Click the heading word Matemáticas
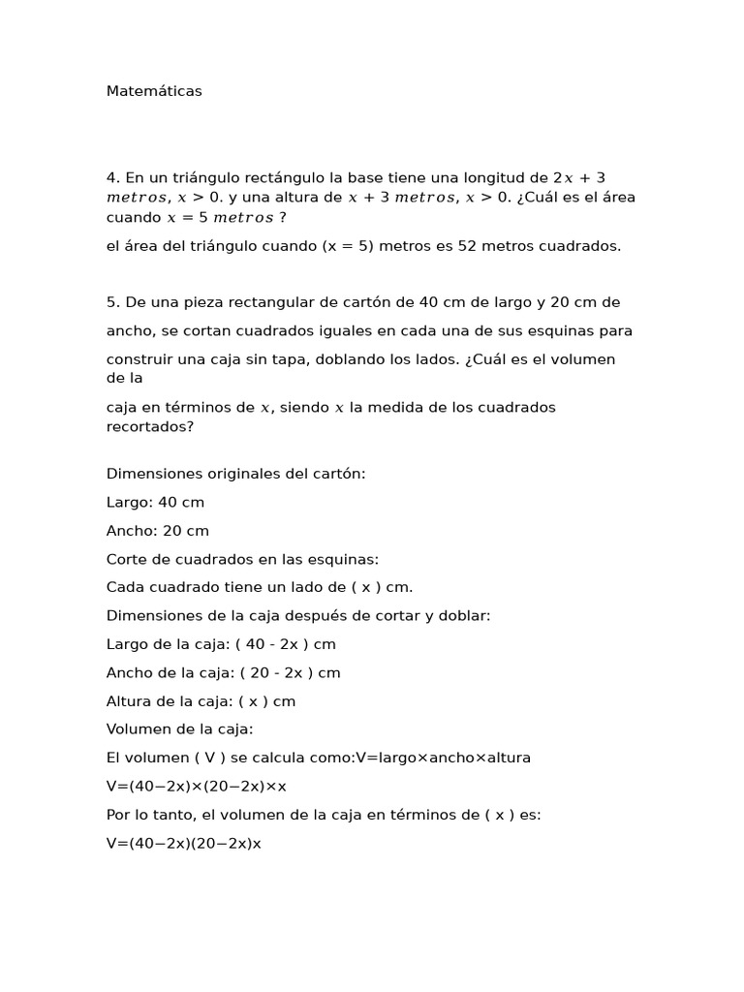coord(154,91)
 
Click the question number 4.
coord(111,177)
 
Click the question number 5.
coord(111,302)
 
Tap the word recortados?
coord(150,425)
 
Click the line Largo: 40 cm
coord(155,503)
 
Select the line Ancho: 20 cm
coord(157,531)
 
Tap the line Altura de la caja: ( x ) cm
coord(201,701)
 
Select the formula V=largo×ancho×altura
coord(443,758)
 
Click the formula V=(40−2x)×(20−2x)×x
coord(197,787)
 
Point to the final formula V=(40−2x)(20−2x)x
coord(184,844)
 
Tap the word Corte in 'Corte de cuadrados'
coord(126,559)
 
